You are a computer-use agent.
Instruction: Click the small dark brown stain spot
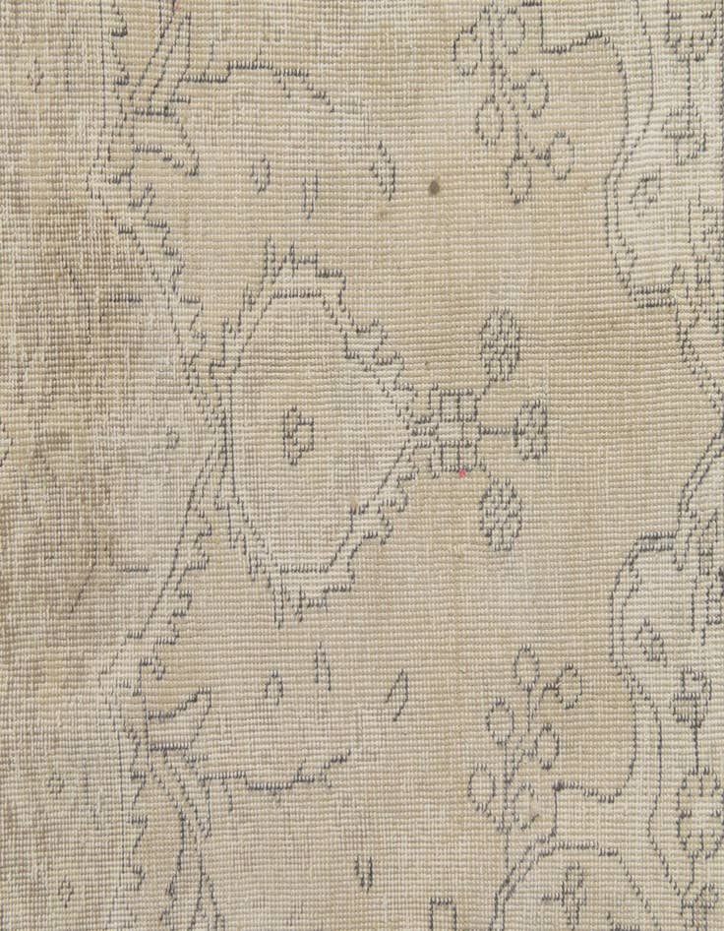point(434,184)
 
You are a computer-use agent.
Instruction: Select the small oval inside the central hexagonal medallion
point(298,431)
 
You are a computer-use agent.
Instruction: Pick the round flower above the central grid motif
point(501,343)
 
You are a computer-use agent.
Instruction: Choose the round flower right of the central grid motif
point(532,429)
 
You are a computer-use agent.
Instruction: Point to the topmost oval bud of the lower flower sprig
point(526,664)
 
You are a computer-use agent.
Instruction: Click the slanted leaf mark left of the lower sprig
point(399,693)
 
